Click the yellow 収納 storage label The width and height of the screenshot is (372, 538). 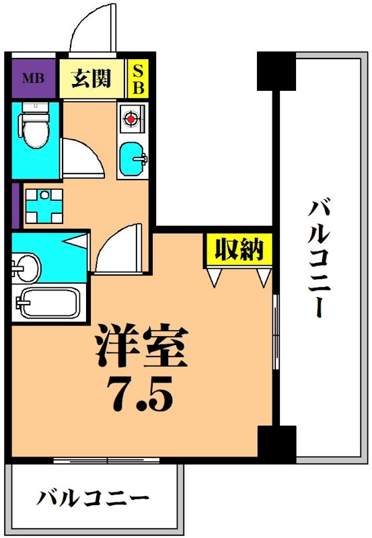click(239, 250)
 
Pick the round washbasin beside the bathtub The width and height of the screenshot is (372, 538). click(27, 268)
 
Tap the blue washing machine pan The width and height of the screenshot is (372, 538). click(44, 205)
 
